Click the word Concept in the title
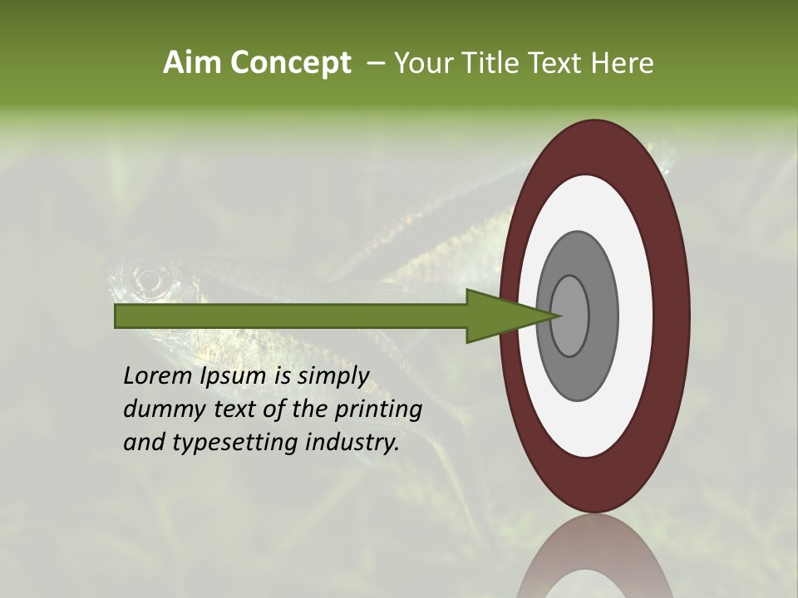290,63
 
